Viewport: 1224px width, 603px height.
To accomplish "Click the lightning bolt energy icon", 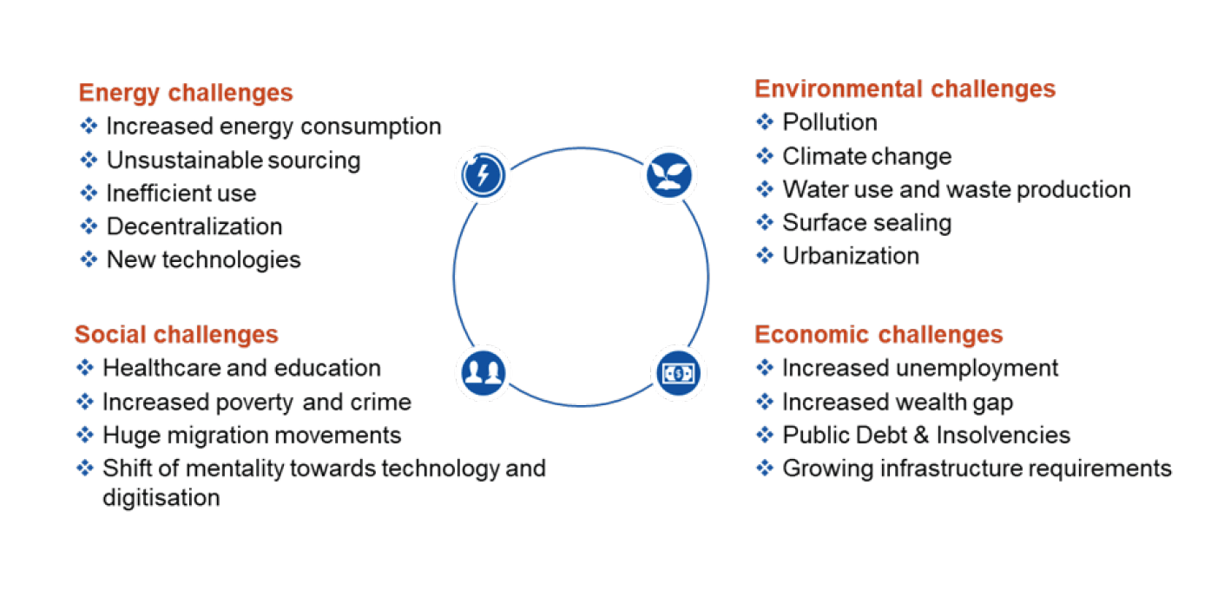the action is point(483,174).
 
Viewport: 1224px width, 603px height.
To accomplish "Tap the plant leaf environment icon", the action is point(668,174).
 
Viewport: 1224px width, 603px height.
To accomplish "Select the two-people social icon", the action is point(483,372).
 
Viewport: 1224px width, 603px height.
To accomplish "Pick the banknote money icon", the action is point(678,373).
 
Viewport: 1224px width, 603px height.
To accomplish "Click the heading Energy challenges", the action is point(186,93).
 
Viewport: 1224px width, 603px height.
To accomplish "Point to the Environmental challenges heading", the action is point(905,89).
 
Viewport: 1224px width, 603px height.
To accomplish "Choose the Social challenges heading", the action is point(176,334).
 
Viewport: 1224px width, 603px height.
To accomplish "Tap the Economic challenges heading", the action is point(879,334).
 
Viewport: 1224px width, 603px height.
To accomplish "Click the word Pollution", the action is point(830,122).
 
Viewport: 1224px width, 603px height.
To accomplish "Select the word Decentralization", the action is point(194,226).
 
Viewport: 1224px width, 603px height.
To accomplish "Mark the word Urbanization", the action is point(851,256).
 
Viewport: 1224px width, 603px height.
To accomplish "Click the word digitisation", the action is point(161,498).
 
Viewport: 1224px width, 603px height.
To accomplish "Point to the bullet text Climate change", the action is point(867,157).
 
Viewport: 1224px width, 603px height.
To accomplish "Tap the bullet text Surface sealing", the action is point(867,223).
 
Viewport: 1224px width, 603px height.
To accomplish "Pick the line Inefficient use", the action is point(181,193).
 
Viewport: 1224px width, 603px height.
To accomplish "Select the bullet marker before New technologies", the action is point(89,259).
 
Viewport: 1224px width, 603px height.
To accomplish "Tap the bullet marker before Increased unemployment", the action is point(765,368).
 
